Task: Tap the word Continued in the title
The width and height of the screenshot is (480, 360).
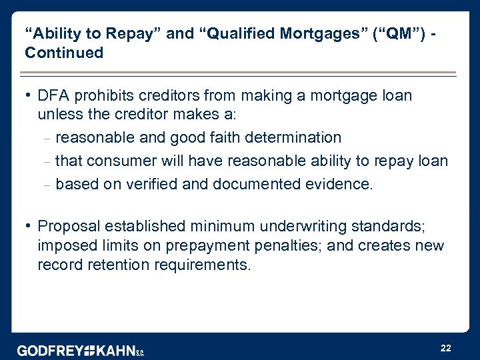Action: click(64, 53)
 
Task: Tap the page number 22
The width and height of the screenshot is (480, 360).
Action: click(446, 348)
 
